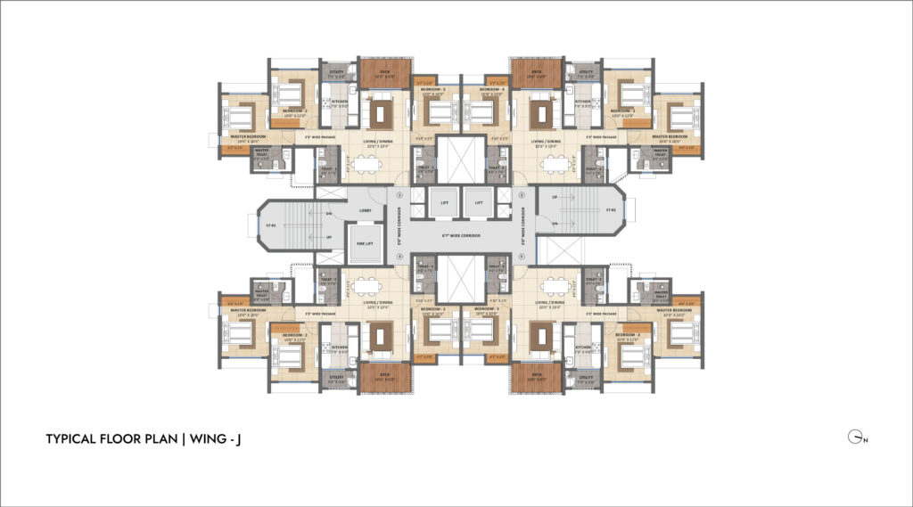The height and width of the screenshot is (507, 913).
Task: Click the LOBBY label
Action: click(x=365, y=210)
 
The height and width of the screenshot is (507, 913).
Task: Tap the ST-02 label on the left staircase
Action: click(x=268, y=225)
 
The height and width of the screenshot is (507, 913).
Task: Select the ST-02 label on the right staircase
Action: click(x=612, y=210)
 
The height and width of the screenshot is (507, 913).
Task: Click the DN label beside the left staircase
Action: click(x=329, y=214)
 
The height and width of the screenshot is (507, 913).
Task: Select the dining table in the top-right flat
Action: click(x=553, y=163)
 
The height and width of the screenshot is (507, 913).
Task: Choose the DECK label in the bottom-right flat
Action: click(x=537, y=375)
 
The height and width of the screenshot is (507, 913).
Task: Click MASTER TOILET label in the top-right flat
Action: click(x=660, y=151)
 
